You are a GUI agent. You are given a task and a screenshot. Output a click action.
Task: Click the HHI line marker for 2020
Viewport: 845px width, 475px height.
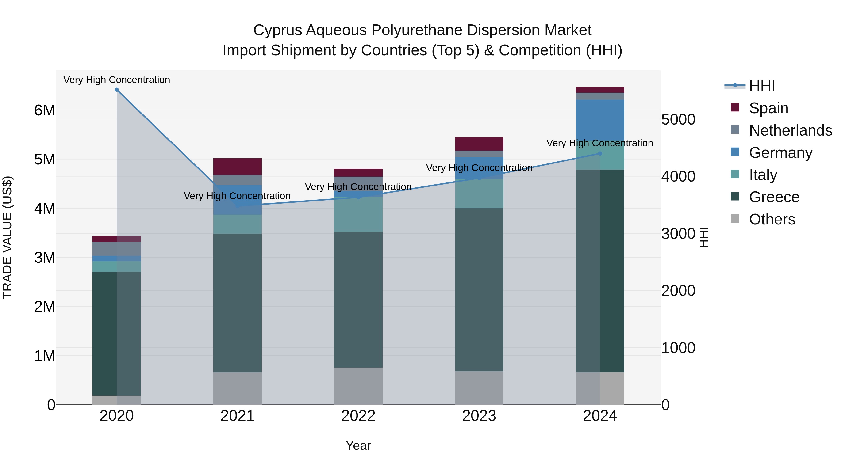(x=117, y=90)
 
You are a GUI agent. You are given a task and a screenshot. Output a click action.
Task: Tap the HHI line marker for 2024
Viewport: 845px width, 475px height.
(x=600, y=153)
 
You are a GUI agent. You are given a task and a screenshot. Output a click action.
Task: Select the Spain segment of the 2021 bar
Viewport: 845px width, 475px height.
(x=238, y=167)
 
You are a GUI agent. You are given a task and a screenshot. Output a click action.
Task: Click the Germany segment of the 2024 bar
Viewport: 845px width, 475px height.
(x=600, y=120)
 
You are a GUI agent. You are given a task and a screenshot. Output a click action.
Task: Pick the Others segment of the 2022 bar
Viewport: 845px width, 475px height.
(x=358, y=386)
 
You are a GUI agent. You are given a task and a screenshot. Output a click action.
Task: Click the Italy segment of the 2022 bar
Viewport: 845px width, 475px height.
(x=358, y=214)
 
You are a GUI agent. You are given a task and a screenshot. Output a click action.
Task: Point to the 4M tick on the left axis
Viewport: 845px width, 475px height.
(x=45, y=209)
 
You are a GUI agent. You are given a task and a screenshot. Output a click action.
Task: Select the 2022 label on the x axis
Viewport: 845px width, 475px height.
(x=358, y=416)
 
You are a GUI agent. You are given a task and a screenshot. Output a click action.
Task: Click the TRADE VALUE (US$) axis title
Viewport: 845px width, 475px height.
(x=7, y=237)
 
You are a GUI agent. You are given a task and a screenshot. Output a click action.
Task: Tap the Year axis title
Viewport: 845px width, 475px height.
(x=358, y=445)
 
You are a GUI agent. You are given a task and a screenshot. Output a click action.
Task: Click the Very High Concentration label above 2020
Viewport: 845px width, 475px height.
(x=117, y=80)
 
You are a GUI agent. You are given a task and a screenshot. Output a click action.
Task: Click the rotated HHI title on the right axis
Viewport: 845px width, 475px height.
(x=704, y=237)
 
